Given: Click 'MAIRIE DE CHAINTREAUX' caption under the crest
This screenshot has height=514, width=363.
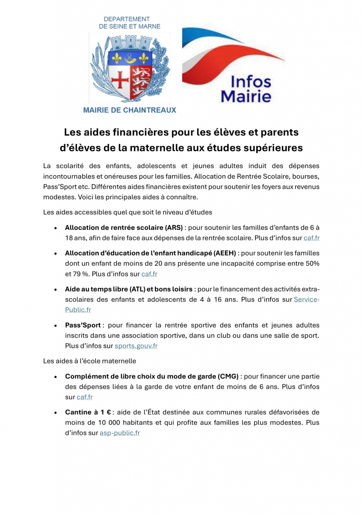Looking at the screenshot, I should (129, 110).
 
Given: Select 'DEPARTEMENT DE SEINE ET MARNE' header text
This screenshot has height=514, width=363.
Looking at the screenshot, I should (130, 23).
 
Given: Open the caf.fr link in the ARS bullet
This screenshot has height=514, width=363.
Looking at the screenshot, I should (311, 238).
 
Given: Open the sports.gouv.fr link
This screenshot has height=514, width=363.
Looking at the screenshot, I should (136, 346).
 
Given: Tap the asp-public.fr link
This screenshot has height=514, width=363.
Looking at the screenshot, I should (120, 433).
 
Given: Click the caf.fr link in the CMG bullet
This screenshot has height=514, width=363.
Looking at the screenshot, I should (85, 397).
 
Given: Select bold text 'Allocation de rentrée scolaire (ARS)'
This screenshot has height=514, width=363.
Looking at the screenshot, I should (124, 227).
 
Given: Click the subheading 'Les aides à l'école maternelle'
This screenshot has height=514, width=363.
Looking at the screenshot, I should (89, 360).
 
